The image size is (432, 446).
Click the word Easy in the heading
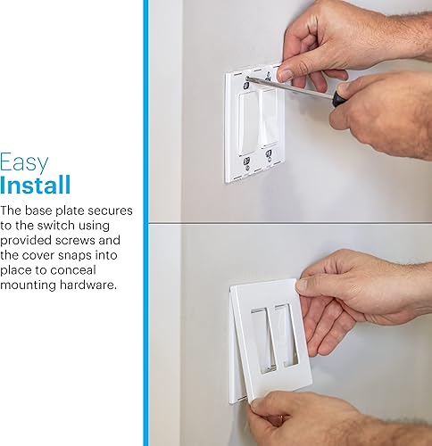tap(24, 163)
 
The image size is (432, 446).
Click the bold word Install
tap(36, 186)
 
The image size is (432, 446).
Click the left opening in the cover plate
tap(259, 344)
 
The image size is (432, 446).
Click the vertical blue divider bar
tap(145, 223)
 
